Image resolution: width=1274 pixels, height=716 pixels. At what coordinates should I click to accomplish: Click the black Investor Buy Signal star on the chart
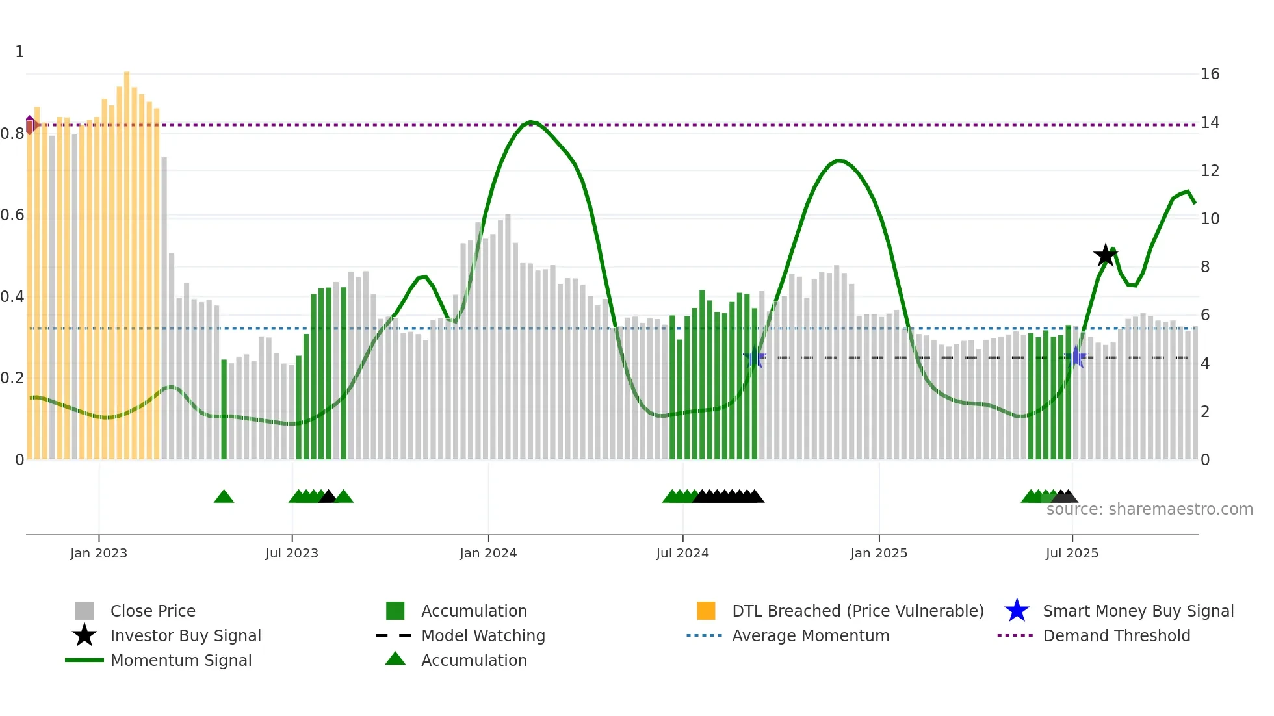(x=1105, y=255)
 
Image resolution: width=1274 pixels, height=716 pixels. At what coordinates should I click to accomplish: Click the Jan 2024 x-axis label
(x=488, y=553)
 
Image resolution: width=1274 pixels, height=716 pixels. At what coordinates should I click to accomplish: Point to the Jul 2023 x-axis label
(x=292, y=553)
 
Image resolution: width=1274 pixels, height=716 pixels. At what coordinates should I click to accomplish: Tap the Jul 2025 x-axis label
(x=1072, y=553)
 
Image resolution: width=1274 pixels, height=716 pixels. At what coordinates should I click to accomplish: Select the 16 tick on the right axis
(x=1210, y=74)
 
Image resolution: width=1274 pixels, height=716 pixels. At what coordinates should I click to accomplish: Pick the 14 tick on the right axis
(x=1210, y=123)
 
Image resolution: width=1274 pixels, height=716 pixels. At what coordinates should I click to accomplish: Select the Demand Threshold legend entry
(x=1116, y=635)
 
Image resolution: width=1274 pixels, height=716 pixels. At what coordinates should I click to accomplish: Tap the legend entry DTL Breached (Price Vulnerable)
(x=857, y=611)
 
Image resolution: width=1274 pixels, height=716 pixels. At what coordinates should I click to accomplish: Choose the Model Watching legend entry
(x=482, y=635)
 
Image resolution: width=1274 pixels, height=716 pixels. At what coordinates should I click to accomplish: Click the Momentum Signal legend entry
(x=181, y=660)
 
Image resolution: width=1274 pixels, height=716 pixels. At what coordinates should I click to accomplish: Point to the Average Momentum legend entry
(x=810, y=635)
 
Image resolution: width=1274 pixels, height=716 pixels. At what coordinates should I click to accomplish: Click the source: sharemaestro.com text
(x=1149, y=509)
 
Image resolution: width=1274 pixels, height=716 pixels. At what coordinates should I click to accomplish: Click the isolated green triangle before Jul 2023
(x=224, y=497)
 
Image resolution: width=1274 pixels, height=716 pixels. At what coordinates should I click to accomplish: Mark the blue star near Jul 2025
(x=1076, y=357)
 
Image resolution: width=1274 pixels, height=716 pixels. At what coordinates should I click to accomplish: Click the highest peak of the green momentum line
(x=531, y=121)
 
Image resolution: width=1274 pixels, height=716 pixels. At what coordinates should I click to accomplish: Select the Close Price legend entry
(x=152, y=611)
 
